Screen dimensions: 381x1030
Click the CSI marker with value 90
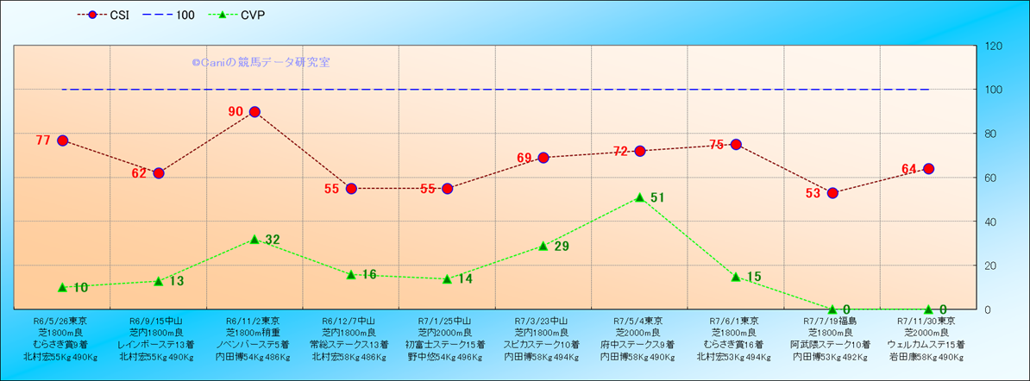pyautogui.click(x=254, y=112)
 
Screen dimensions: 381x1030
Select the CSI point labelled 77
pyautogui.click(x=62, y=141)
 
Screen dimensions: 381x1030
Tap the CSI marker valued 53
pyautogui.click(x=832, y=193)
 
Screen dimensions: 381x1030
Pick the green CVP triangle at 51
pyautogui.click(x=640, y=197)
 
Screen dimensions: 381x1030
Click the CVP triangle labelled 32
pyautogui.click(x=254, y=239)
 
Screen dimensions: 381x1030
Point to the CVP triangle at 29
pyautogui.click(x=543, y=246)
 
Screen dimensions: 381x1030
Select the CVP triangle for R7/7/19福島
pyautogui.click(x=832, y=309)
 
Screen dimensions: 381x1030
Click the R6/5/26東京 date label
pyautogui.click(x=62, y=320)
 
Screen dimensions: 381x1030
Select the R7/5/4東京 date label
pyautogui.click(x=640, y=320)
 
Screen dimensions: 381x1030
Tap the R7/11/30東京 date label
pyautogui.click(x=928, y=320)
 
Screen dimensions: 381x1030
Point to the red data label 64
pyautogui.click(x=909, y=169)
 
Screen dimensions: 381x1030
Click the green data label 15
pyautogui.click(x=753, y=277)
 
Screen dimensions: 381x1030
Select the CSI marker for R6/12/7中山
pyautogui.click(x=351, y=189)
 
